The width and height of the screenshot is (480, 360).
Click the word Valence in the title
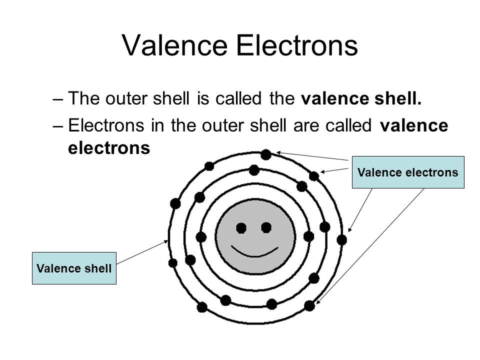coord(175,45)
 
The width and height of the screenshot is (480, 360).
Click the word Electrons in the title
coord(297,45)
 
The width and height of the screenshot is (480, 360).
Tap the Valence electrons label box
coord(408,172)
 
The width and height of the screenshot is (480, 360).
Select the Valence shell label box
coord(74,268)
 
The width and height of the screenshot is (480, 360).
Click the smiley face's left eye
coord(241,228)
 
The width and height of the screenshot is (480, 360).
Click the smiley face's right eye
coord(266,228)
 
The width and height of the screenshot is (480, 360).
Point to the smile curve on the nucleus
coord(254,251)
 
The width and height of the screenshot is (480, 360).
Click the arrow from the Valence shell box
coord(142,252)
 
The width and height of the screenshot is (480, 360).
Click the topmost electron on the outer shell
coord(265,154)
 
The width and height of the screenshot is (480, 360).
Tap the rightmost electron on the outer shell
coord(341,240)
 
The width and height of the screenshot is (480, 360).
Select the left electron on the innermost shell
coord(201,237)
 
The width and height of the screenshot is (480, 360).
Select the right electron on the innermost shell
coord(308,236)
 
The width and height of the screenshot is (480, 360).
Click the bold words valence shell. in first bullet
coord(361,98)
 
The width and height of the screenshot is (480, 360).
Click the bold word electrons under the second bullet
coord(109,148)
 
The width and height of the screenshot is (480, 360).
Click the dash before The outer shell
coord(58,99)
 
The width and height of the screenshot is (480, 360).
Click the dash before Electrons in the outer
coord(58,126)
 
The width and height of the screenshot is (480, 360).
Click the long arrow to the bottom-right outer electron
coord(370,246)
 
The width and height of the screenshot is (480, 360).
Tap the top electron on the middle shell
coord(254,170)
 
